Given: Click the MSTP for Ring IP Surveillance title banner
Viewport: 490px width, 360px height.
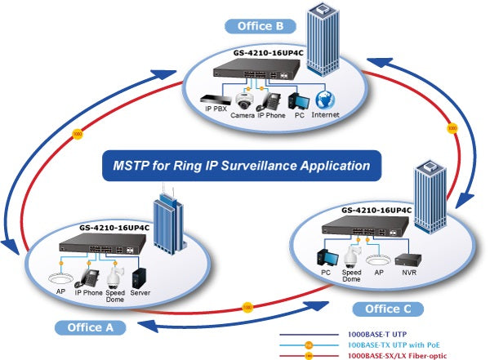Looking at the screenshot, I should pos(243,166).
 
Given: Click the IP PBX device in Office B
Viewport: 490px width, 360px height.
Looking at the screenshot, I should pos(215,101).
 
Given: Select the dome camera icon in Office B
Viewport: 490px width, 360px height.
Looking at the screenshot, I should pos(243,100).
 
